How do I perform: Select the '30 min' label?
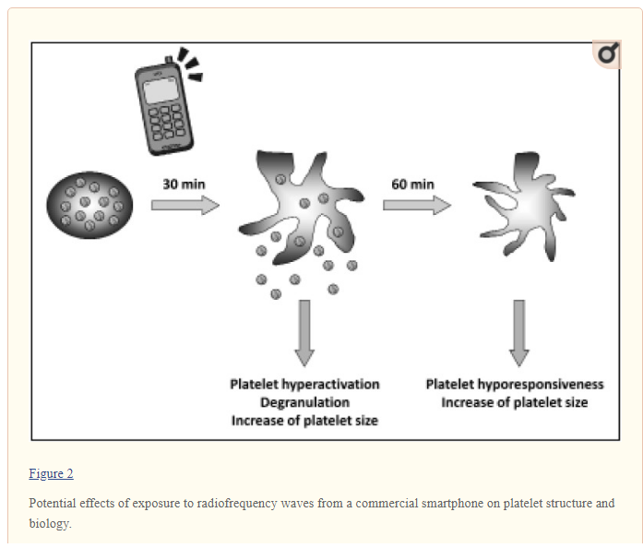[185, 184]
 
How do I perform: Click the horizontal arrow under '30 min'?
[185, 204]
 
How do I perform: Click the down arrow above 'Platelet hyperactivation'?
[304, 332]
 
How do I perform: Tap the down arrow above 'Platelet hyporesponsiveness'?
[519, 332]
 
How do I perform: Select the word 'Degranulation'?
[304, 402]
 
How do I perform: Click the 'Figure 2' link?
[51, 473]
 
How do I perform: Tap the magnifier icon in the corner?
[606, 55]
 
